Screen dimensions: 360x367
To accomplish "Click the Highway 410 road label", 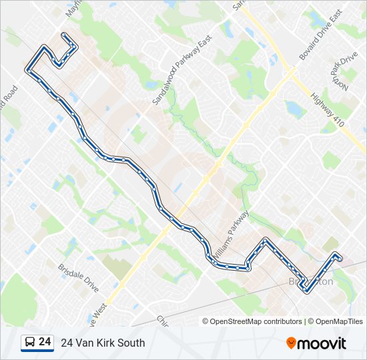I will click(327, 111).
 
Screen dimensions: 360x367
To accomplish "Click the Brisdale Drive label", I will click(78, 277).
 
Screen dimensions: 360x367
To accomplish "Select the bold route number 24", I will click(45, 342).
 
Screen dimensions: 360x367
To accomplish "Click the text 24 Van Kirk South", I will click(103, 343).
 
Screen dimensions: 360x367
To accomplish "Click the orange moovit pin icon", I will click(291, 343).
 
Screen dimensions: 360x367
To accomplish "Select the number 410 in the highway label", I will click(338, 121).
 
